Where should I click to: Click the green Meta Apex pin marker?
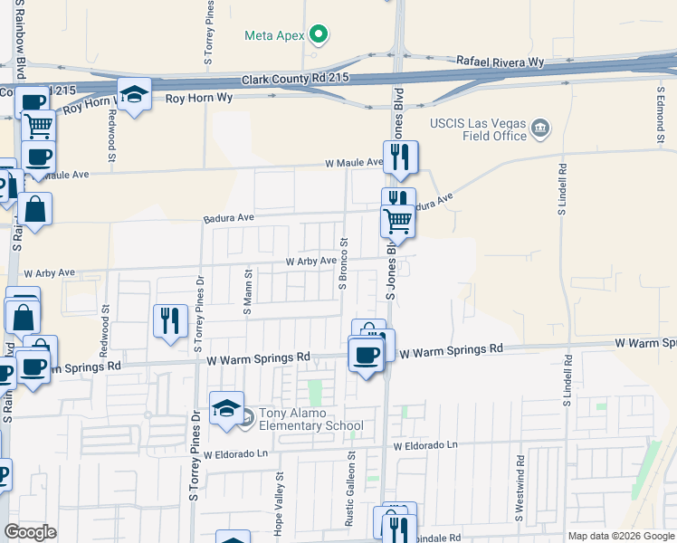click(x=318, y=35)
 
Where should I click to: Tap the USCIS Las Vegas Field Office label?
click(x=479, y=129)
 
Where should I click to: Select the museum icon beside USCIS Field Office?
click(x=540, y=129)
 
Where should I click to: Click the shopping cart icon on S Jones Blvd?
click(x=397, y=220)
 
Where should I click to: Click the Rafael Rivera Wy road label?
click(x=501, y=61)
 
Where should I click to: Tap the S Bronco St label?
click(x=343, y=263)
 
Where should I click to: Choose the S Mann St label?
click(x=247, y=291)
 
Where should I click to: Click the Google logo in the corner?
click(x=30, y=532)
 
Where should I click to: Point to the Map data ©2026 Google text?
click(x=621, y=536)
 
